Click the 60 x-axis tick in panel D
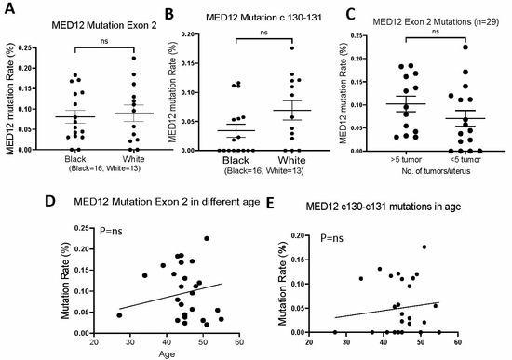coord(240,343)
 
